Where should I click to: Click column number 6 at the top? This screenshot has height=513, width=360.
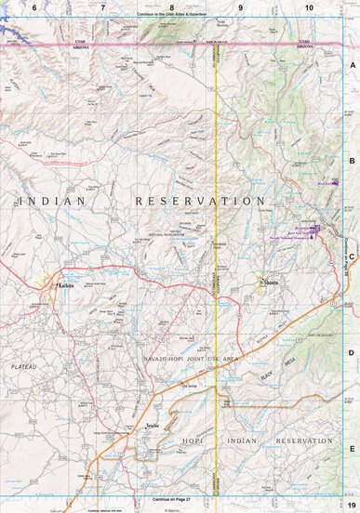pos(34,7)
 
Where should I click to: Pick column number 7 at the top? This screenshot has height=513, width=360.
pos(102,7)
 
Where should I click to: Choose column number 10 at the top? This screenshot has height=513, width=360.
pos(309,7)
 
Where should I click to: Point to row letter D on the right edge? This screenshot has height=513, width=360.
pos(352,352)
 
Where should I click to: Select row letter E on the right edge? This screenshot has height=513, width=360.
pos(352,448)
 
